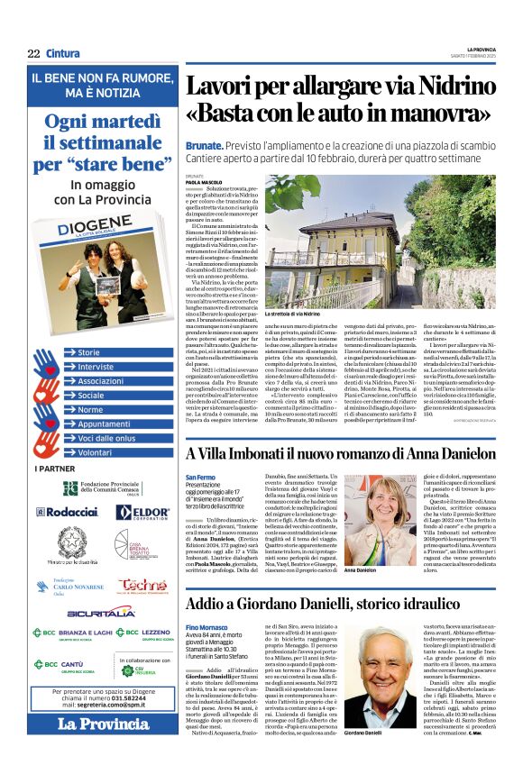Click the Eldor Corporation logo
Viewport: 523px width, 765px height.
tap(142, 512)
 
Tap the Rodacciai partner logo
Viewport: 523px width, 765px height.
tap(69, 512)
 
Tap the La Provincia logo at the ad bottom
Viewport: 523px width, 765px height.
tap(104, 724)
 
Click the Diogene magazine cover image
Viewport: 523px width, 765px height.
tap(101, 281)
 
